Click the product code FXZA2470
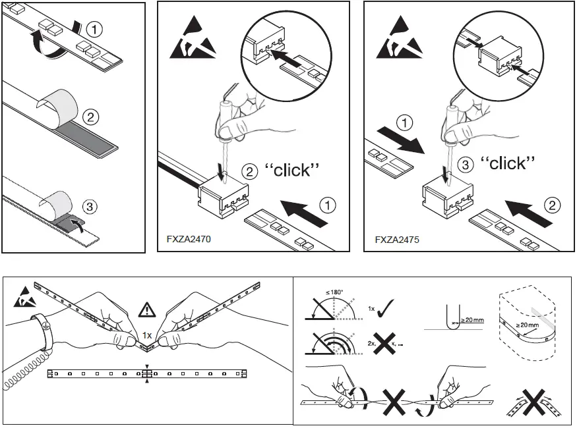pyautogui.click(x=188, y=240)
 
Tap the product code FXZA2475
pyautogui.click(x=396, y=240)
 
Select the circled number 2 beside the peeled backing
pyautogui.click(x=92, y=118)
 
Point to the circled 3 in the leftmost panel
pyautogui.click(x=91, y=206)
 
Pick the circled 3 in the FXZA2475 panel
pyautogui.click(x=465, y=164)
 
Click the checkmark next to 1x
pyautogui.click(x=386, y=308)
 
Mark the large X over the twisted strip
pyautogui.click(x=395, y=400)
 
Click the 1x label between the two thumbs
pyautogui.click(x=148, y=335)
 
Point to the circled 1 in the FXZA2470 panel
pyautogui.click(x=328, y=205)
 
